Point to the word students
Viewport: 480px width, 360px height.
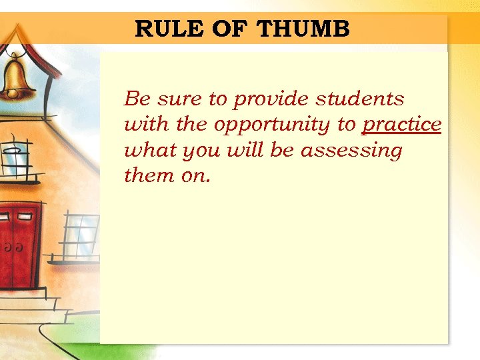click(x=360, y=99)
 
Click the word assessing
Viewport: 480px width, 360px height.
click(x=351, y=151)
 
